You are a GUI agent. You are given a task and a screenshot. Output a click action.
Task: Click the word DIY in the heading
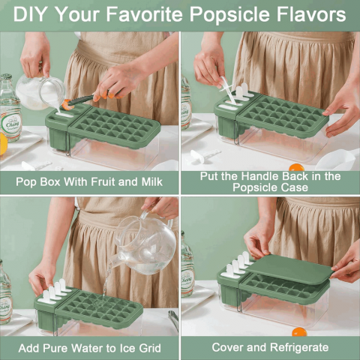[x=29, y=14]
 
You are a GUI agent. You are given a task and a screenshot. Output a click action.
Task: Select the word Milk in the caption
[x=152, y=181]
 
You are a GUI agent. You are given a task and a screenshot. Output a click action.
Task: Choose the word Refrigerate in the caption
[x=299, y=347]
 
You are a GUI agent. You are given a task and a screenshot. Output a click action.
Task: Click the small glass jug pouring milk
[x=40, y=92]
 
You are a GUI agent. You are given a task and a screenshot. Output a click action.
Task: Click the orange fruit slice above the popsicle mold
[x=68, y=104]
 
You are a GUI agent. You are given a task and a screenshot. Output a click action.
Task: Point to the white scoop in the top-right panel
[x=337, y=159]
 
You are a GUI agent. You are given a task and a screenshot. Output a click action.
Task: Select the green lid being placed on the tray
[x=290, y=269]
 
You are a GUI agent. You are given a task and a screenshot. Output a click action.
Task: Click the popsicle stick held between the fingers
[x=227, y=91]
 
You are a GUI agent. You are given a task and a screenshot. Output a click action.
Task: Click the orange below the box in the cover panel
[x=299, y=332]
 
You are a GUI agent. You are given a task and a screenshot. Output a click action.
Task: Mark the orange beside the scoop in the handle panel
[x=296, y=167]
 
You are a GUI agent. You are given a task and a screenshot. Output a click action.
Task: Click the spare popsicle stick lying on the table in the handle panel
[x=205, y=155]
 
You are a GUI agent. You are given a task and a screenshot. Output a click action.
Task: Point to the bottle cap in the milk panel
[x=7, y=76]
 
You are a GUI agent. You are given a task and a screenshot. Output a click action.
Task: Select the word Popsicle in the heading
[x=229, y=15]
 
